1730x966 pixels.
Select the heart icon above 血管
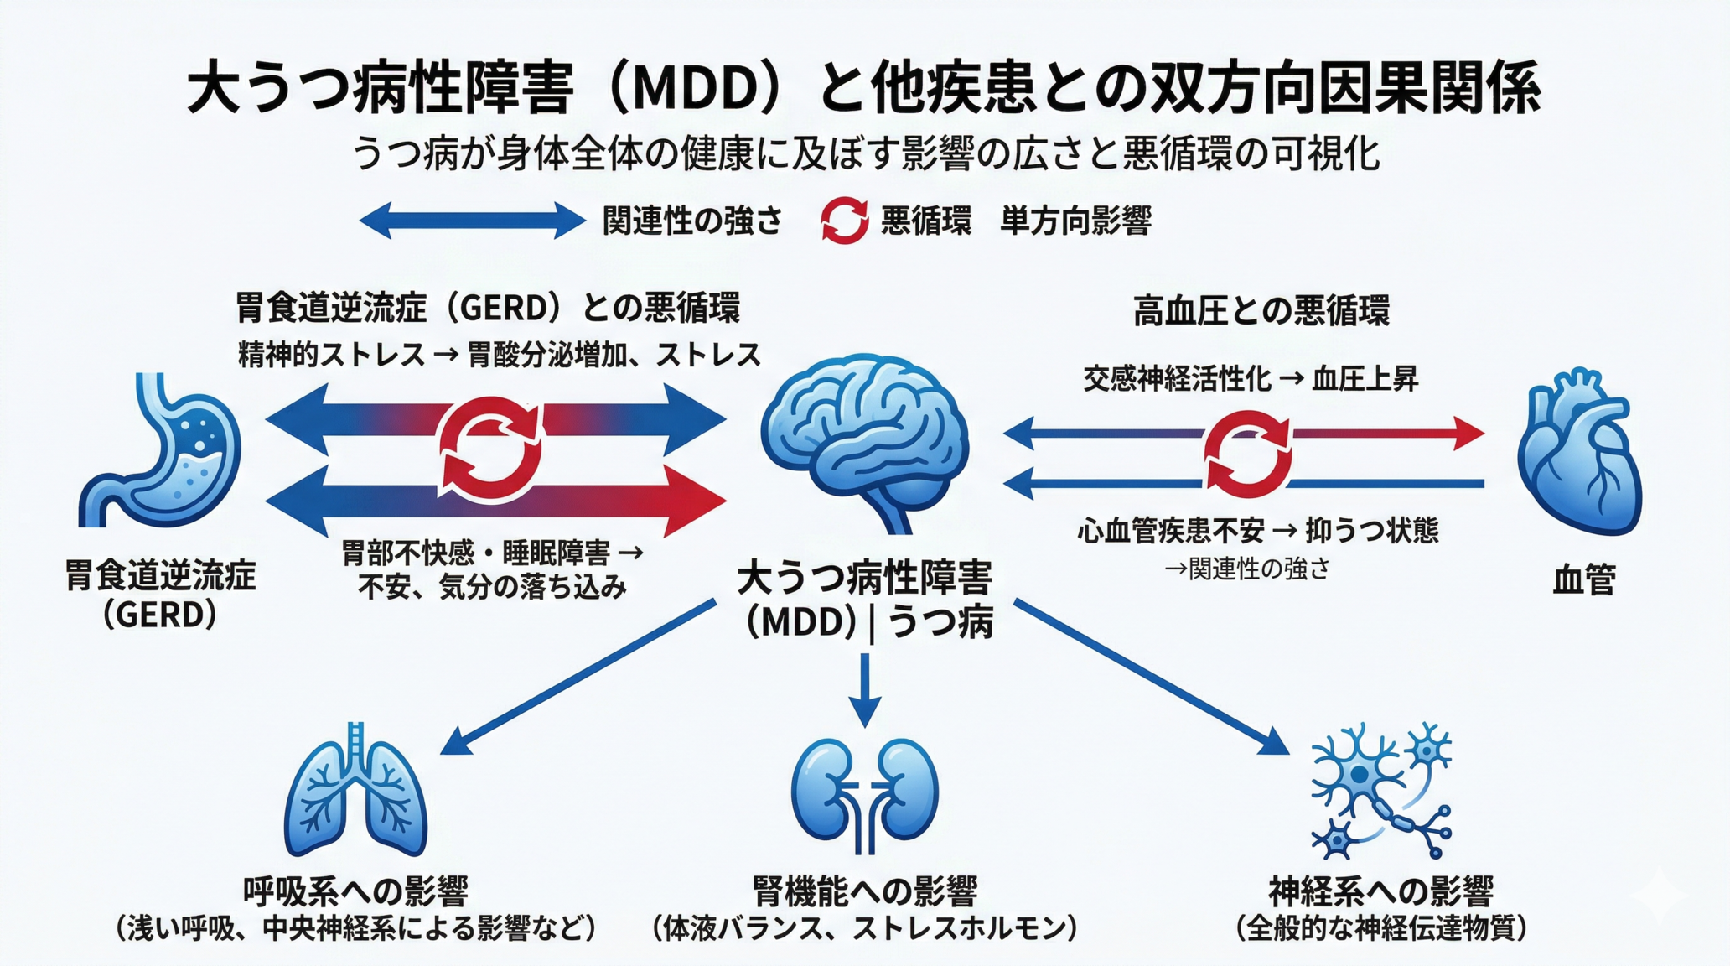1579,453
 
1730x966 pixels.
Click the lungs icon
356,792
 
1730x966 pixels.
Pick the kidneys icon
865,792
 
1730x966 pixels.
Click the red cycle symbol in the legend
843,221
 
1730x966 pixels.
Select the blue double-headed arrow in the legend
472,221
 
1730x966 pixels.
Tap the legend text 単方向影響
1075,221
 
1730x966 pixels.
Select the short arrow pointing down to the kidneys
865,689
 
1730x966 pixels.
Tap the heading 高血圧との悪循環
1261,311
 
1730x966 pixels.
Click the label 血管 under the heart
1583,580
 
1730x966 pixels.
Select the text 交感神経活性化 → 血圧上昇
1251,379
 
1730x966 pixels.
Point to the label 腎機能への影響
865,891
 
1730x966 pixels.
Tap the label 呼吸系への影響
355,891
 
